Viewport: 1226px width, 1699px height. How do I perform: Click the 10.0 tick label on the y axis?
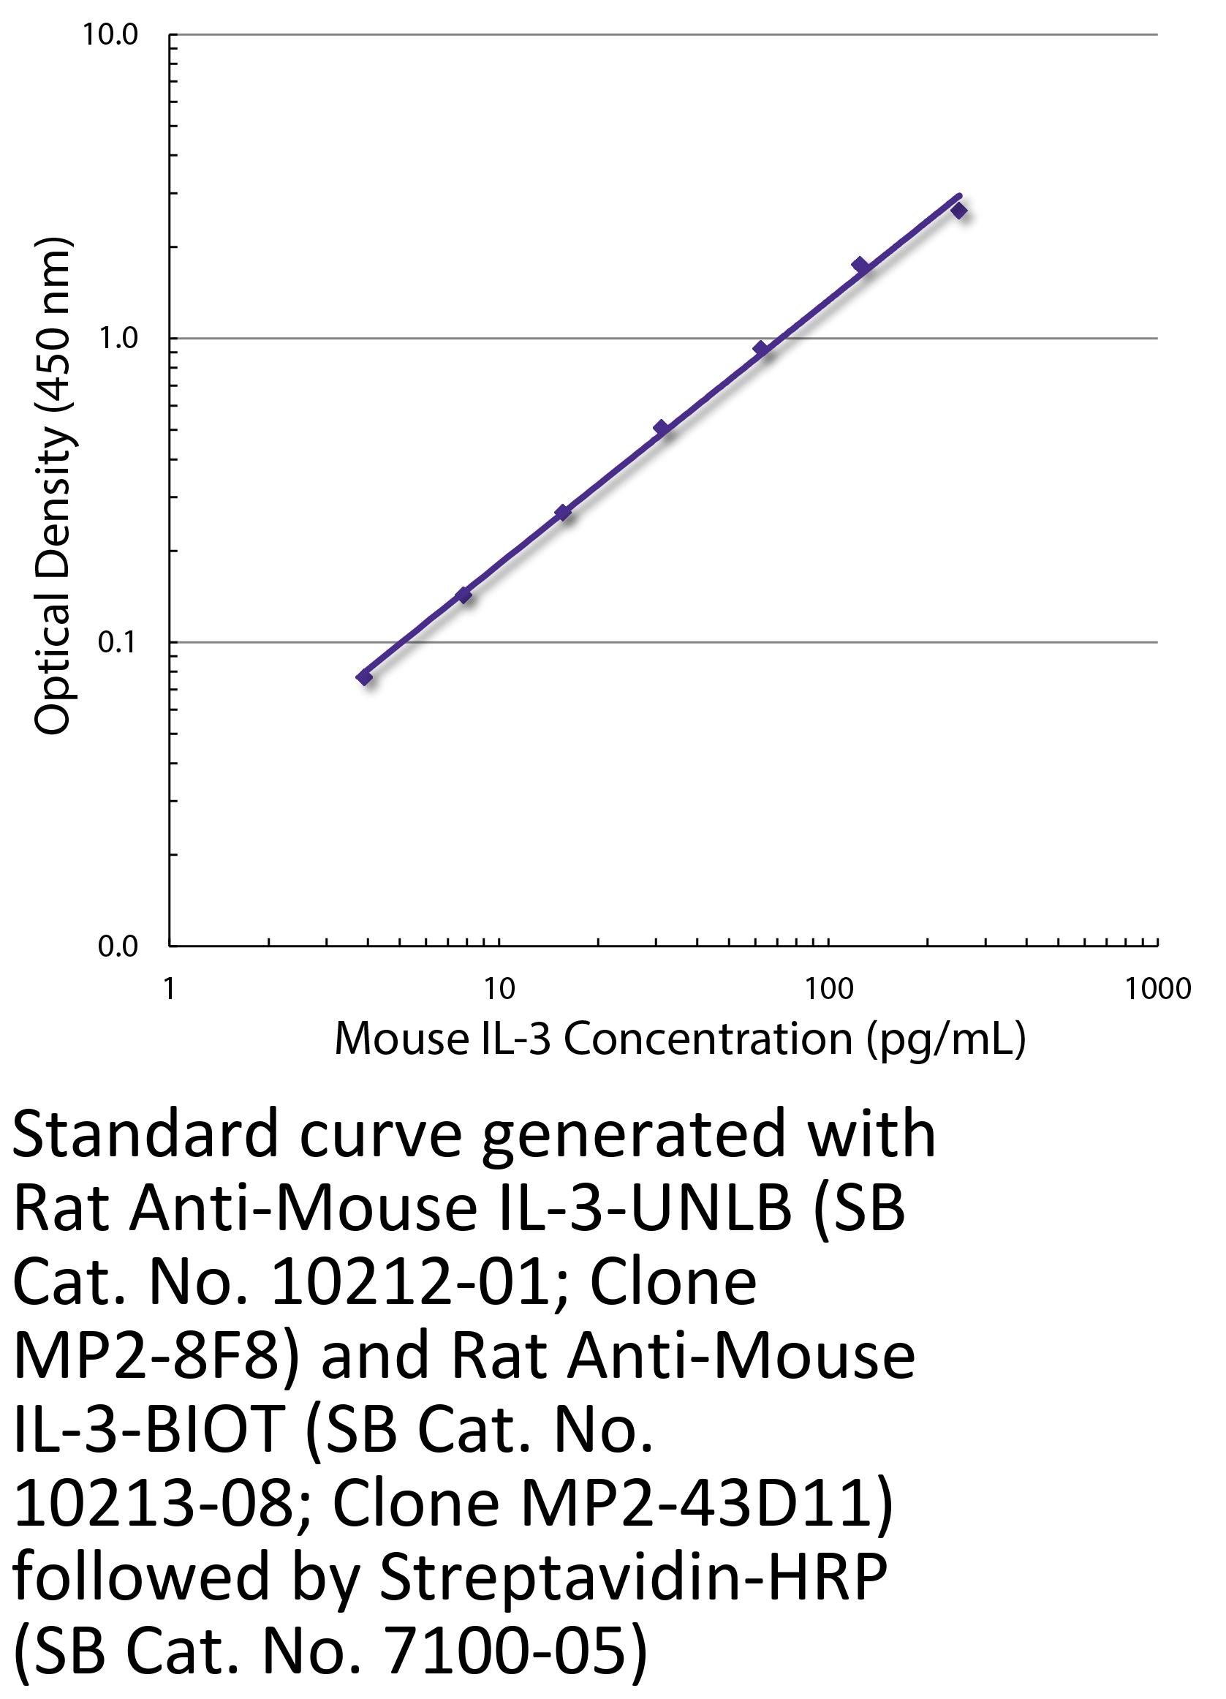(x=110, y=35)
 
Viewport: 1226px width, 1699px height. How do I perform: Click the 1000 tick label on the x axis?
(x=1157, y=990)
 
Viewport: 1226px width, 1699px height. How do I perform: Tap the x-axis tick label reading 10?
(x=499, y=990)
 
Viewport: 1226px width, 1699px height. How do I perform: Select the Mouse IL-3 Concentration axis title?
(x=679, y=1039)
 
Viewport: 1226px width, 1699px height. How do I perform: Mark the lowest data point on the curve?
(x=365, y=677)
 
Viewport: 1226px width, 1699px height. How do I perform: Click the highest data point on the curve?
(x=958, y=211)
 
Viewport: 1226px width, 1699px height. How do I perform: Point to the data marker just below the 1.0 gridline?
(x=761, y=348)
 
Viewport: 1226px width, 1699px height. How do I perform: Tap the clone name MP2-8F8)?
(x=156, y=1357)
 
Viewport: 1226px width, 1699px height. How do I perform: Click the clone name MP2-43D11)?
(x=704, y=1504)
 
